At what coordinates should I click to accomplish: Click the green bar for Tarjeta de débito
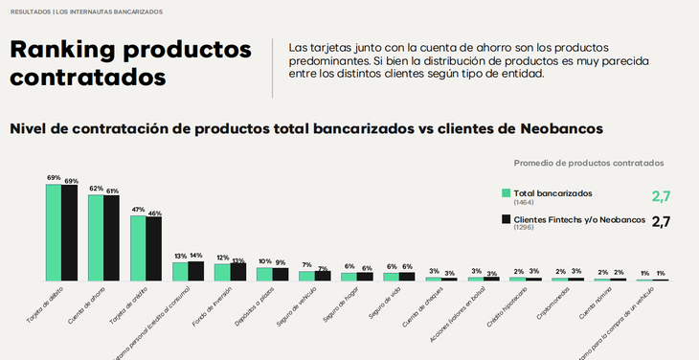click(x=54, y=233)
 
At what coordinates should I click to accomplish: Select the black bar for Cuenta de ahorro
click(x=112, y=238)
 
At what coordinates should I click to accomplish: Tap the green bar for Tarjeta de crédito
click(x=138, y=248)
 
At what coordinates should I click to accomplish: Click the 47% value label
click(x=138, y=210)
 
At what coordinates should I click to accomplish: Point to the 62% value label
click(x=96, y=189)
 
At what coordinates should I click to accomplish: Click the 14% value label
click(x=196, y=256)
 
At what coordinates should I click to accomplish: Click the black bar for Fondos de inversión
click(x=238, y=272)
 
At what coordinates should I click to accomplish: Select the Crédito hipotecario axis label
click(x=522, y=307)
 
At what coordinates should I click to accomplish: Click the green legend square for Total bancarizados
click(x=507, y=193)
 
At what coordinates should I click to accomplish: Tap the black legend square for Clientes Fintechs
click(x=507, y=220)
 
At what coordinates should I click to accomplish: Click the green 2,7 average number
click(x=661, y=196)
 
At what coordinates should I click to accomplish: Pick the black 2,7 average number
click(x=661, y=222)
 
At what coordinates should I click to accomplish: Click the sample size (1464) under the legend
click(x=524, y=203)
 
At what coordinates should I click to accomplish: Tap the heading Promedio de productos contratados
click(x=589, y=163)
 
